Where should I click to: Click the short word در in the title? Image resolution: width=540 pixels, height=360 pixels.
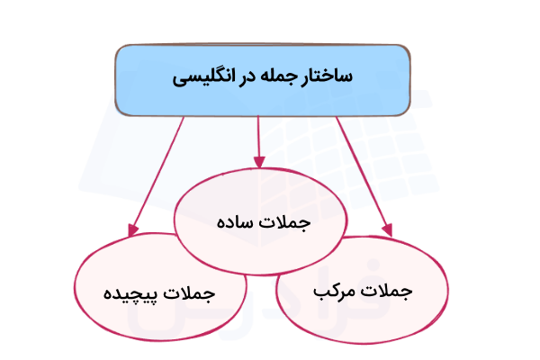(248, 78)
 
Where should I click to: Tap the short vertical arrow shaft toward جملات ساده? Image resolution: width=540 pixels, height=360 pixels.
(259, 135)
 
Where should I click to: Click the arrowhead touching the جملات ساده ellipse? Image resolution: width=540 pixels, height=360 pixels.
(260, 162)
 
